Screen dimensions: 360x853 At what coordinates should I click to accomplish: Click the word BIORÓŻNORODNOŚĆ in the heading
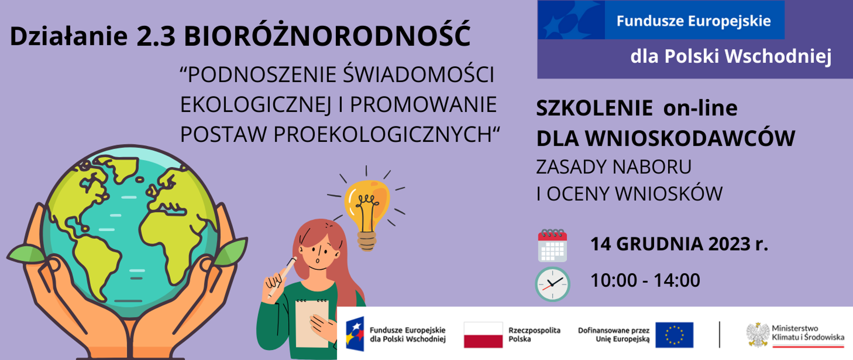327,36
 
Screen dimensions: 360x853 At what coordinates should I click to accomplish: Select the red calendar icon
552,246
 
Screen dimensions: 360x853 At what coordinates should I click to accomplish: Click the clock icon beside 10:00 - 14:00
552,284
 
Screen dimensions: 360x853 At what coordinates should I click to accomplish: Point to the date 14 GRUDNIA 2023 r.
679,244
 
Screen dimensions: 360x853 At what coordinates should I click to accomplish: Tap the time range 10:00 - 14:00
645,280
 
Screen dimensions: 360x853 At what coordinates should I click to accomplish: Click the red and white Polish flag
483,335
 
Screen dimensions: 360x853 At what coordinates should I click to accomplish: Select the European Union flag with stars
674,335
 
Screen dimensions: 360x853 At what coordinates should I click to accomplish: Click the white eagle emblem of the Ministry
757,335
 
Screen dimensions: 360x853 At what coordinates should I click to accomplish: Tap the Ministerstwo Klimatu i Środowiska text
808,333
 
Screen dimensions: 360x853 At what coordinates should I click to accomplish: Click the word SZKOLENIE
594,108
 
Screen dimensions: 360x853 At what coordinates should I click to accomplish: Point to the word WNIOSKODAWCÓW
690,138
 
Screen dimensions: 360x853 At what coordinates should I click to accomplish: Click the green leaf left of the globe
26,254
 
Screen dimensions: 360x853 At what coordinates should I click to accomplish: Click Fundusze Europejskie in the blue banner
694,21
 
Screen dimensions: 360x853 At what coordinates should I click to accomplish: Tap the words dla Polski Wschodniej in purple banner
731,56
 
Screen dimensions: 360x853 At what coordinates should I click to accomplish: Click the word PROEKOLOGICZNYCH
383,134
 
